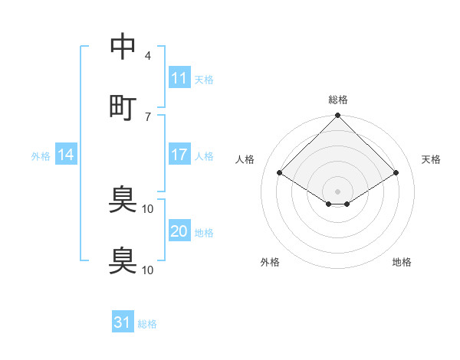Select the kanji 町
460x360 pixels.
pyautogui.click(x=123, y=106)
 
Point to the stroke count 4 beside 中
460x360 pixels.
pyautogui.click(x=147, y=56)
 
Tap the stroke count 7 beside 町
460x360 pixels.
pyautogui.click(x=147, y=116)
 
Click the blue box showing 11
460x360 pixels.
pyautogui.click(x=179, y=78)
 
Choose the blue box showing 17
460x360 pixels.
pyautogui.click(x=179, y=155)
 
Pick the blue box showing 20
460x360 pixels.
pyautogui.click(x=179, y=231)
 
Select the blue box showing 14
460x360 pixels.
pyautogui.click(x=66, y=155)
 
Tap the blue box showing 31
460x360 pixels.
pyautogui.click(x=123, y=323)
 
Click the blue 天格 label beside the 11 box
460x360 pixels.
pyautogui.click(x=204, y=79)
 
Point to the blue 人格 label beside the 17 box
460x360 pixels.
pyautogui.click(x=204, y=155)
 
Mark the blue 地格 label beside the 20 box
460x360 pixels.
pyautogui.click(x=204, y=232)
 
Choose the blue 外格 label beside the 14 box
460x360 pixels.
pyautogui.click(x=41, y=156)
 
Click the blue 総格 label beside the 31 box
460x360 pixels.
pyautogui.click(x=147, y=324)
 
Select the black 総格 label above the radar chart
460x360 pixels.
pyautogui.click(x=338, y=100)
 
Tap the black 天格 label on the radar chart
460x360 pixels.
pyautogui.click(x=432, y=159)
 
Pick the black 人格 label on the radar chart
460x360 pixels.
pyautogui.click(x=245, y=159)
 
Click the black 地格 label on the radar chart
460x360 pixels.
pyautogui.click(x=402, y=262)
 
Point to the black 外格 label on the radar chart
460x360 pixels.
pyautogui.click(x=270, y=262)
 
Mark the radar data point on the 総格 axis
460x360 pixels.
pyautogui.click(x=338, y=116)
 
